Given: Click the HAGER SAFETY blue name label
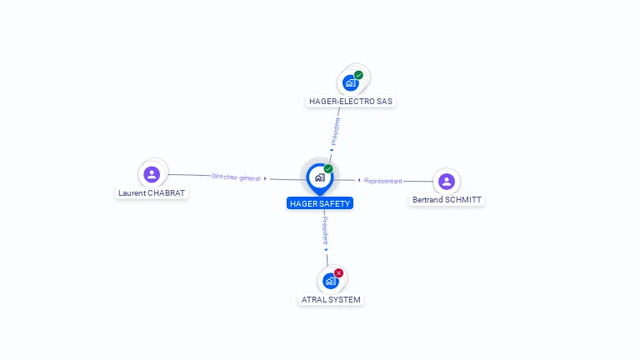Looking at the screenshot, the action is tap(320, 203).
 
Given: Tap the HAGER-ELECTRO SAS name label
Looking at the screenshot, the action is tap(351, 101).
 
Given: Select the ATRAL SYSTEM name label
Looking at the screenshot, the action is tap(331, 300).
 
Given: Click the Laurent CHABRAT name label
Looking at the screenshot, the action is tap(152, 193).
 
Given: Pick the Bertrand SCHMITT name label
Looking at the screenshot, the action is tap(447, 200).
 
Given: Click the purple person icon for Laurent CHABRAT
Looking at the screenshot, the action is tap(152, 174).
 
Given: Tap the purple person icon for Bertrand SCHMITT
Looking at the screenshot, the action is tap(447, 181).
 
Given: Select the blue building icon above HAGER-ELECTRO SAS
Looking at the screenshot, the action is tap(351, 82).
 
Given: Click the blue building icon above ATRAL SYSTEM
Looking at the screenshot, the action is tap(331, 281).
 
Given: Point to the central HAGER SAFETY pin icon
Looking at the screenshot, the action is tap(320, 179).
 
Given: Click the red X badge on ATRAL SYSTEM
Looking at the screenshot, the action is tap(339, 273).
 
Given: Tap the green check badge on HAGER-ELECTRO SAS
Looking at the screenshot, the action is tap(358, 75).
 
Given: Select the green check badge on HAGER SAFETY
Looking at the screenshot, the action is tap(328, 168).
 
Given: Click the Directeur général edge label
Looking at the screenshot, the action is tap(237, 177).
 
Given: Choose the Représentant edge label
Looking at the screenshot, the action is tap(382, 181).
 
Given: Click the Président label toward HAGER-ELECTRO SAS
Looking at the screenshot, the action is tap(336, 132).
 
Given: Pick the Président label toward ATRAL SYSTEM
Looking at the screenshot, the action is tap(325, 231).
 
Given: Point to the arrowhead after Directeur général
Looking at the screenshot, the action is tap(265, 179).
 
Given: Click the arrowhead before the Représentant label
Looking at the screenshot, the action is tap(359, 180).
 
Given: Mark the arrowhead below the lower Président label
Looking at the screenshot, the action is tap(326, 250).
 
